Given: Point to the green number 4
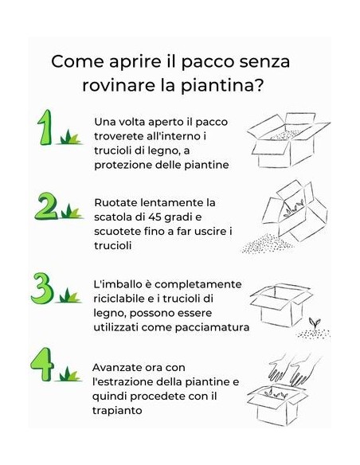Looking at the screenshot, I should point(43,363).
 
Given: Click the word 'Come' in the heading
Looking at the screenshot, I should point(76,62).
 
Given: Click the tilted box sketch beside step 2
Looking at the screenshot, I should point(297,209).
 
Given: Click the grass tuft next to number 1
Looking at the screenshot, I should point(70,137).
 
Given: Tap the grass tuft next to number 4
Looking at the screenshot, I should point(70,373).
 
